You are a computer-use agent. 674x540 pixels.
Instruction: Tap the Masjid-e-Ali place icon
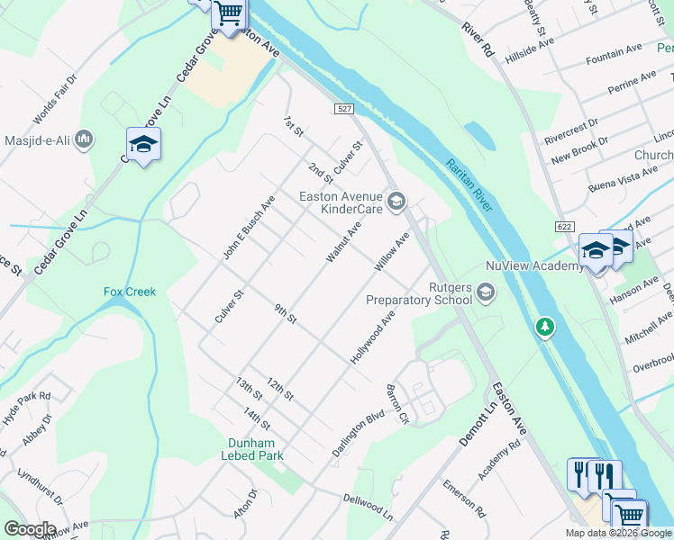(85, 139)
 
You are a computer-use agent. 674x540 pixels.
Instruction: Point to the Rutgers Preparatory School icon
(487, 292)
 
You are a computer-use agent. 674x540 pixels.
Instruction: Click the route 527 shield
(343, 108)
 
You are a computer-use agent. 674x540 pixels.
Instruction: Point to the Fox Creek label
(130, 292)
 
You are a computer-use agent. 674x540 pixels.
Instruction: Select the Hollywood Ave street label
(373, 337)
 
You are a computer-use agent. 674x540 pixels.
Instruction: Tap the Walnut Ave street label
(343, 242)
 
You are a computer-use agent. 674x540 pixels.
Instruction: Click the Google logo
(30, 529)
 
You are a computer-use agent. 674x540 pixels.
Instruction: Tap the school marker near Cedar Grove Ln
(143, 144)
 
